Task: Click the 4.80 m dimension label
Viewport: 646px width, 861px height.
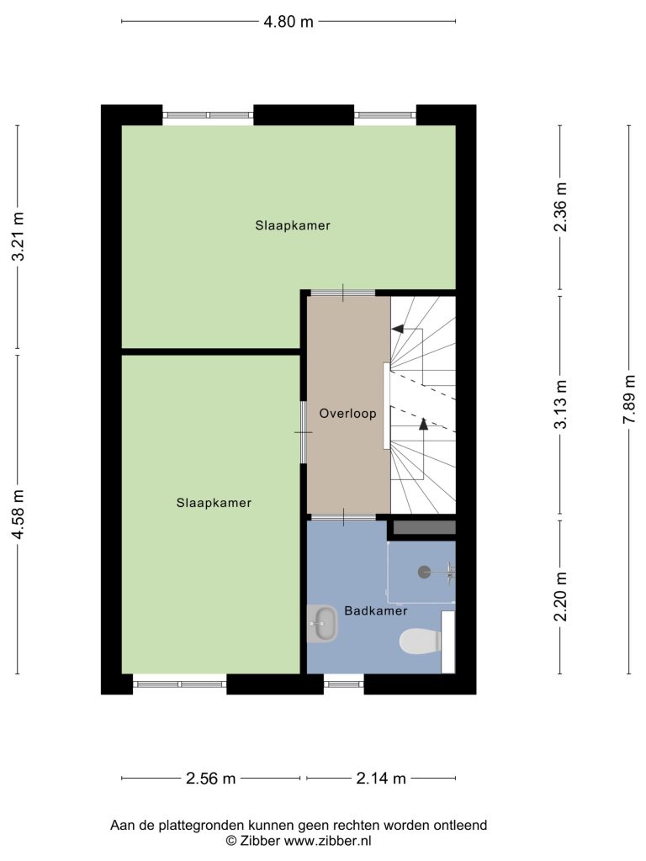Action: pos(289,21)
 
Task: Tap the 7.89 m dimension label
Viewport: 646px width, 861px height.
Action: pos(629,399)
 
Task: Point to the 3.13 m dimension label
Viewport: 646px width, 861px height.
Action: pos(560,404)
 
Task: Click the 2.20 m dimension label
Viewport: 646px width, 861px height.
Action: pos(560,596)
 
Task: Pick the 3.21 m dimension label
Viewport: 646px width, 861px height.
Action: pos(19,236)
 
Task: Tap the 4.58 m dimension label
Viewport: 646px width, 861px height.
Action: pos(19,514)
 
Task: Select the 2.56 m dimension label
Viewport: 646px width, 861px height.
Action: pos(211,778)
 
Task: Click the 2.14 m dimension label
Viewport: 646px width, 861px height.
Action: pos(381,778)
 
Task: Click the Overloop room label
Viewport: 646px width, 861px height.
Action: pos(347,414)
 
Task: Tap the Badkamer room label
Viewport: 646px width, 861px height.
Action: pos(376,610)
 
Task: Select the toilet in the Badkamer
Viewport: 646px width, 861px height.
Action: pos(421,642)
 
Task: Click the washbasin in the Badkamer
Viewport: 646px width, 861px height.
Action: pos(322,624)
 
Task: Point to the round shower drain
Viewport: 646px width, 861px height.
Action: pos(424,572)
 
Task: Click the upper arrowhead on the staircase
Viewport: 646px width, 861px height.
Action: pos(397,329)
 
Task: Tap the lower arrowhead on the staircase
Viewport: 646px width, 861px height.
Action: pos(423,424)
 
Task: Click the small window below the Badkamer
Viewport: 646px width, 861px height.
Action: pos(344,684)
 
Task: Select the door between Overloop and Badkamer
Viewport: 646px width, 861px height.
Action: pos(344,517)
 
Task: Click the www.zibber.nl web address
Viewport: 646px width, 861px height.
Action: pos(327,841)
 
